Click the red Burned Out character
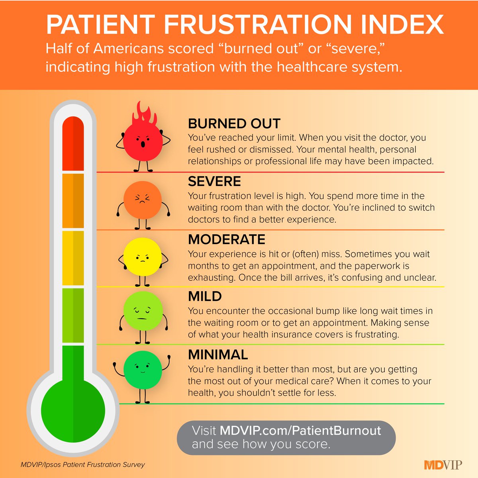click(143, 141)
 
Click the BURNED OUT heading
click(234, 124)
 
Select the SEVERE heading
click(214, 182)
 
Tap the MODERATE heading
click(227, 239)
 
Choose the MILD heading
click(205, 296)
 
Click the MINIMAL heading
click(218, 355)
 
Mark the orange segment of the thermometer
click(73, 201)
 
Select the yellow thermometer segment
click(73, 258)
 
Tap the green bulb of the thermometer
click(73, 410)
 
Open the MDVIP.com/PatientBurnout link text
click(300, 431)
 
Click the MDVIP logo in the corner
click(443, 464)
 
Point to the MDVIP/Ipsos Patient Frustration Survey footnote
click(83, 464)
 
